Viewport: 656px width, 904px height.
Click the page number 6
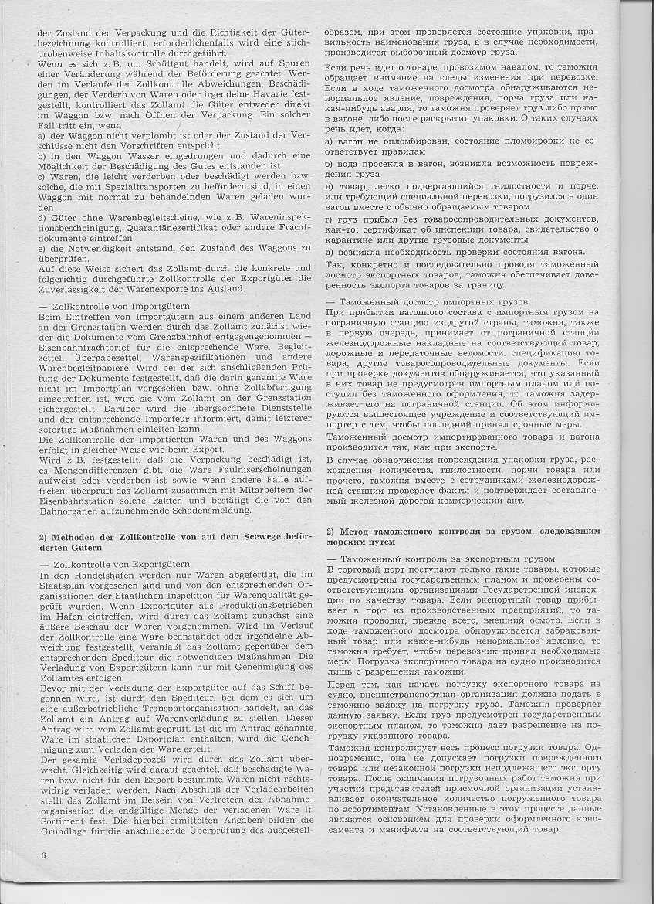pyautogui.click(x=44, y=855)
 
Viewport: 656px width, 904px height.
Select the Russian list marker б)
pyautogui.click(x=329, y=164)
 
